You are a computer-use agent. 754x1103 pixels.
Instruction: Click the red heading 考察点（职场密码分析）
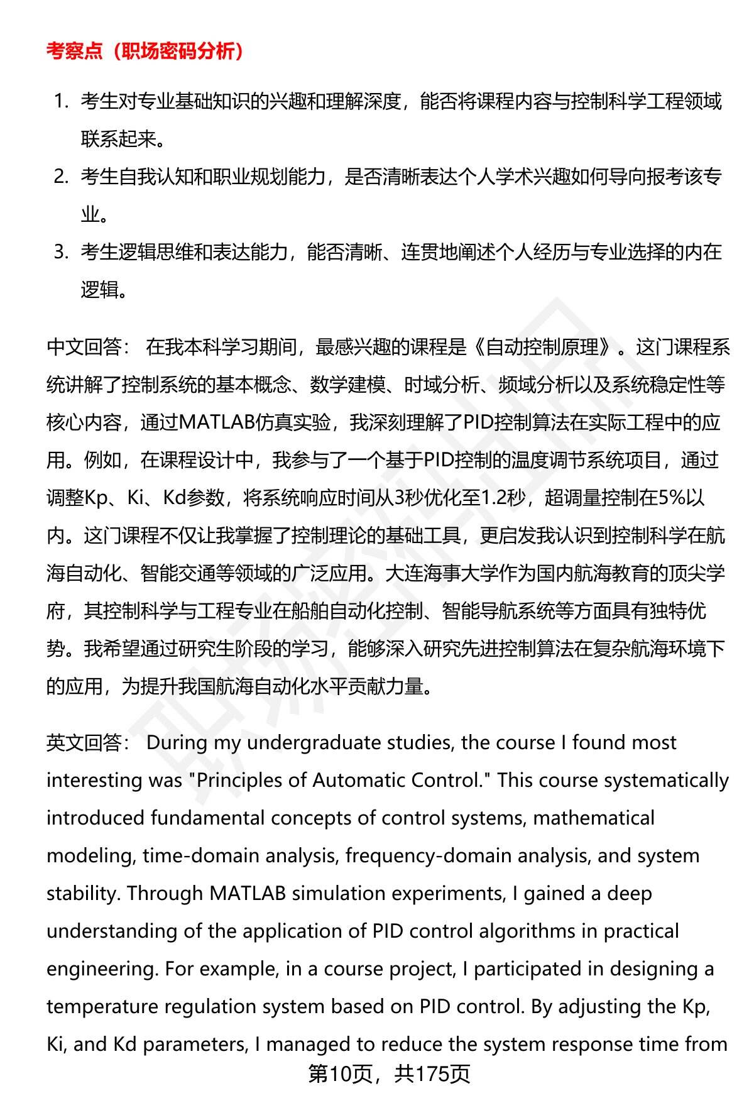tap(145, 51)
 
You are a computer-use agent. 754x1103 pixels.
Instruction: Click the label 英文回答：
tap(87, 742)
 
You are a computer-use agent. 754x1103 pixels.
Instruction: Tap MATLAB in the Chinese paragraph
tap(217, 422)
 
